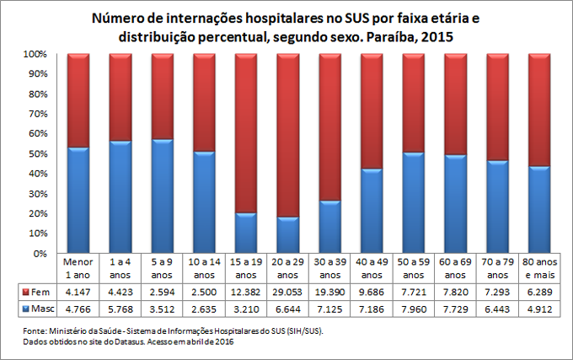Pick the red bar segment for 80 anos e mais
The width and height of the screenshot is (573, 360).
[x=539, y=110]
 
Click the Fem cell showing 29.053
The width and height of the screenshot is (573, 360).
[x=287, y=291]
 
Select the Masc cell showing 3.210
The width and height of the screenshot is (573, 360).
[x=245, y=308]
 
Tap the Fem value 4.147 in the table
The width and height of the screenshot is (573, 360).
[x=78, y=291]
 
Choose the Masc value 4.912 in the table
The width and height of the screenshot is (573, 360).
[x=539, y=308]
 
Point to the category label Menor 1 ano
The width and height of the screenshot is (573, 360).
[x=78, y=268]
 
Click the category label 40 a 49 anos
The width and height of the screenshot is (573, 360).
[x=372, y=268]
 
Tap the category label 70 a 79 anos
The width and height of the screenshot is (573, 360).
[x=497, y=268]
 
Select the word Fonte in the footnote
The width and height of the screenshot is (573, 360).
[x=37, y=331]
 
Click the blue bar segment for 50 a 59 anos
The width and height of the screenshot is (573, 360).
[x=414, y=202]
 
